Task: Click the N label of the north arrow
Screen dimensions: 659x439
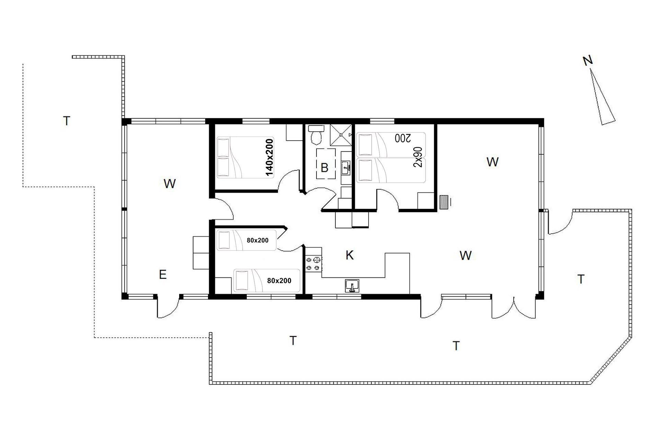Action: click(588, 61)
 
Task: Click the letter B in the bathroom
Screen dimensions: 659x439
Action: click(324, 168)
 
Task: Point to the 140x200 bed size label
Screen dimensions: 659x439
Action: click(270, 157)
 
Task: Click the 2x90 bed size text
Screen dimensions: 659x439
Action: click(418, 157)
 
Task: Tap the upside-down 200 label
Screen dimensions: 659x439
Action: click(403, 138)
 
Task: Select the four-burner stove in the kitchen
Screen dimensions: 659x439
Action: click(314, 263)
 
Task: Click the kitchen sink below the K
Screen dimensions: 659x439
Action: click(352, 286)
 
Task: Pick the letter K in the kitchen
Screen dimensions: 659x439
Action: click(349, 255)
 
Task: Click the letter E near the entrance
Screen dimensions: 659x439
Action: click(163, 274)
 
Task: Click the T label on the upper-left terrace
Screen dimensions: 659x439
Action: click(67, 121)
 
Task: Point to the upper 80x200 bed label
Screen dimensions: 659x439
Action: click(257, 240)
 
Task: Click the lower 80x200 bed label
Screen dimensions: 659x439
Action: click(279, 281)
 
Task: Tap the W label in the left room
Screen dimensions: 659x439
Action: click(170, 184)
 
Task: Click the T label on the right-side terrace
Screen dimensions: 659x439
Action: click(581, 279)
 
